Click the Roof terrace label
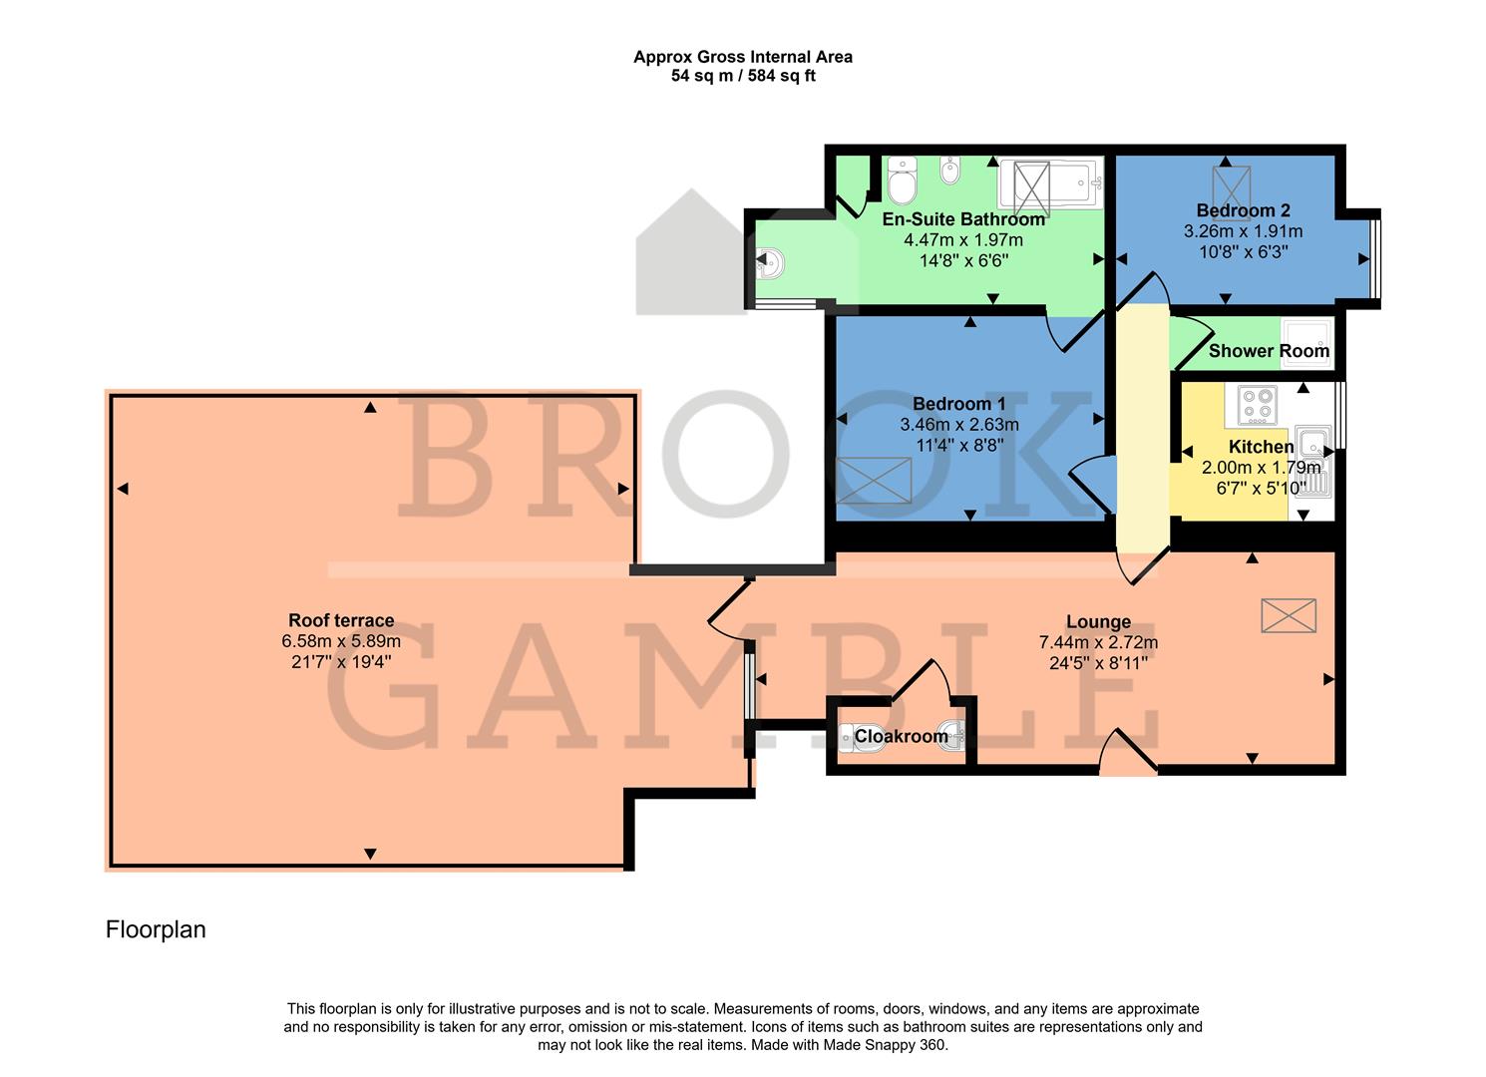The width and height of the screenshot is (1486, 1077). pos(341,620)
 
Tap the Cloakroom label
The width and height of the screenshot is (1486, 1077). pos(901,736)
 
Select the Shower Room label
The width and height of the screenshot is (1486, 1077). pos(1269,351)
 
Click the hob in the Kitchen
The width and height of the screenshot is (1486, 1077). pos(1257,405)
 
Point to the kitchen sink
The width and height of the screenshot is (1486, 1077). pos(1313,440)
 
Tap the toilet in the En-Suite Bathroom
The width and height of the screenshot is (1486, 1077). pos(902,179)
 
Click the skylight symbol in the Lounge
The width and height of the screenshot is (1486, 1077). pos(1289,615)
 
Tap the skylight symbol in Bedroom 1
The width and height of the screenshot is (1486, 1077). pos(875,480)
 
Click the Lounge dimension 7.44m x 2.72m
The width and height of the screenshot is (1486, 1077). pos(1098,643)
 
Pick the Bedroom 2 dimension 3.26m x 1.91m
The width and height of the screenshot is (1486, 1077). pos(1243,231)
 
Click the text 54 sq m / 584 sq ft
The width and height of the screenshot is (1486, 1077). pos(743,76)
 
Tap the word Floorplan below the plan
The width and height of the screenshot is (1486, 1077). pos(156,929)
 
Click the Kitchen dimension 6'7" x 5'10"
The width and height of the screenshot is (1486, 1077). pos(1261,488)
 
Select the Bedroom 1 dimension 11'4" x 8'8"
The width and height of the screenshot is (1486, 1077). pos(958,444)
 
